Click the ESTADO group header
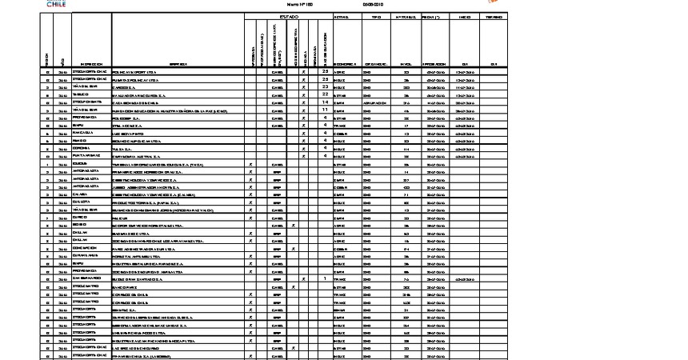(288, 16)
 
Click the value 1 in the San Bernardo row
(326, 279)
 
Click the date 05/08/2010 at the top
(374, 4)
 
